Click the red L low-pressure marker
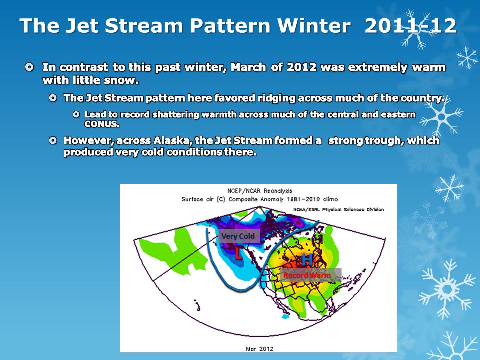click(238, 254)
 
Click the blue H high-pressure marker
click(307, 260)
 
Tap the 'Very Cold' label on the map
click(238, 236)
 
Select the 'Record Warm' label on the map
click(307, 275)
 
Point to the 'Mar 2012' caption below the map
click(259, 348)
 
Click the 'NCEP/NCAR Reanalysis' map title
click(260, 191)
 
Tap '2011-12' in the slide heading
click(410, 25)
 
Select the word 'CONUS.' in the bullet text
click(102, 124)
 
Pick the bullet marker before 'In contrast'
click(29, 67)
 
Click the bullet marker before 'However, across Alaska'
click(53, 140)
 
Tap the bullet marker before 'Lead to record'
click(76, 114)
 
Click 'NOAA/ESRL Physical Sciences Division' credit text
click(338, 209)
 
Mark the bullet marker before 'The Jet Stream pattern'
click(53, 98)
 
